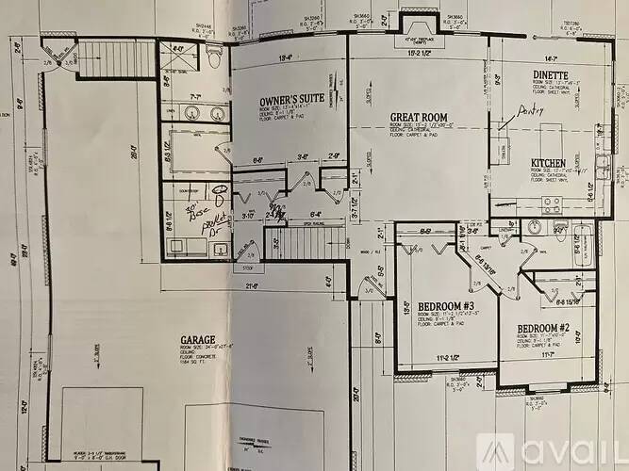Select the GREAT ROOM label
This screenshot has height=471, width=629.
click(417, 118)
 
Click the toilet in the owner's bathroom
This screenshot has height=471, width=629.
click(213, 59)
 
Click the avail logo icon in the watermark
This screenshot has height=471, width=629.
click(495, 453)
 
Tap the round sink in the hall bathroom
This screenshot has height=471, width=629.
click(535, 226)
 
